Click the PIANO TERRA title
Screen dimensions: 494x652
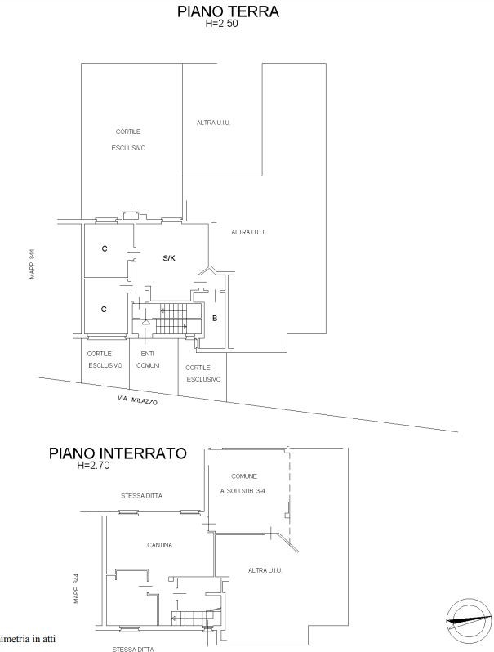pyautogui.click(x=228, y=11)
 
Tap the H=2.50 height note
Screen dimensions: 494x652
pyautogui.click(x=222, y=23)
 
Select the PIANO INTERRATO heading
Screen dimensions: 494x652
pyautogui.click(x=118, y=453)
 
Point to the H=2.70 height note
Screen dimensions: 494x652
pyautogui.click(x=93, y=465)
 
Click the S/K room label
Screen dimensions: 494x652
pyautogui.click(x=169, y=258)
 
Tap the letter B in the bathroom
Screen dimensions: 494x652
pyautogui.click(x=215, y=319)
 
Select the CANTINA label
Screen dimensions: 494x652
pyautogui.click(x=159, y=545)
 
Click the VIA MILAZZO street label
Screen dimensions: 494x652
pyautogui.click(x=137, y=400)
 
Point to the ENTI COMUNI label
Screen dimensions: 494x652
pyautogui.click(x=148, y=359)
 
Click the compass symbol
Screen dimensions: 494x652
pyautogui.click(x=466, y=620)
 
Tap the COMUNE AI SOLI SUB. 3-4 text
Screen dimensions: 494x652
pyautogui.click(x=243, y=483)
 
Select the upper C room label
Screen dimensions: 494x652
pyautogui.click(x=105, y=248)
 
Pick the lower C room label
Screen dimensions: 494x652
pyautogui.click(x=104, y=310)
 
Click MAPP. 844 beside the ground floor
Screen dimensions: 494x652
pyautogui.click(x=33, y=264)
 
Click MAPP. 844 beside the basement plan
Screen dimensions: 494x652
pyautogui.click(x=76, y=589)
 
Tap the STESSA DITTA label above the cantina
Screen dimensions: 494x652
pyautogui.click(x=142, y=496)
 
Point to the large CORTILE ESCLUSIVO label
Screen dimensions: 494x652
pyautogui.click(x=128, y=140)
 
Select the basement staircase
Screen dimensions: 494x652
pyautogui.click(x=189, y=618)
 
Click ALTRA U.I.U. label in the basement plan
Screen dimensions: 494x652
pyautogui.click(x=265, y=570)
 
